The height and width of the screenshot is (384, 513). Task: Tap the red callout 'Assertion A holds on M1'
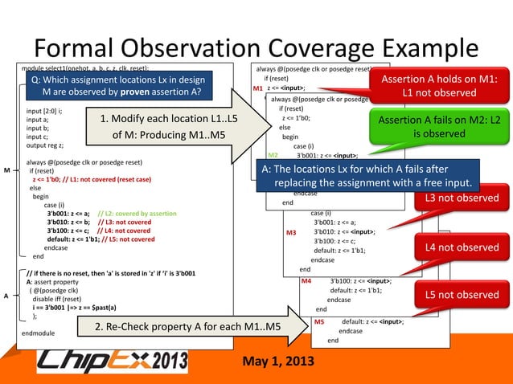point(439,86)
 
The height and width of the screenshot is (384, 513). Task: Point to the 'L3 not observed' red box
point(462,198)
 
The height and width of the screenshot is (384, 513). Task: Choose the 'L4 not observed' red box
point(462,247)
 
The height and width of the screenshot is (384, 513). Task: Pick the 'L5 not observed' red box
point(462,295)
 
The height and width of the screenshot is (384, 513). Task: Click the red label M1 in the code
point(257,88)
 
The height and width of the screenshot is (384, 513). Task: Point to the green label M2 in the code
point(273,155)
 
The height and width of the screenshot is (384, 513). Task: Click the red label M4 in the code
point(306,281)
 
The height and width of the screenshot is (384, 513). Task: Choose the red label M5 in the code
point(319,321)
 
